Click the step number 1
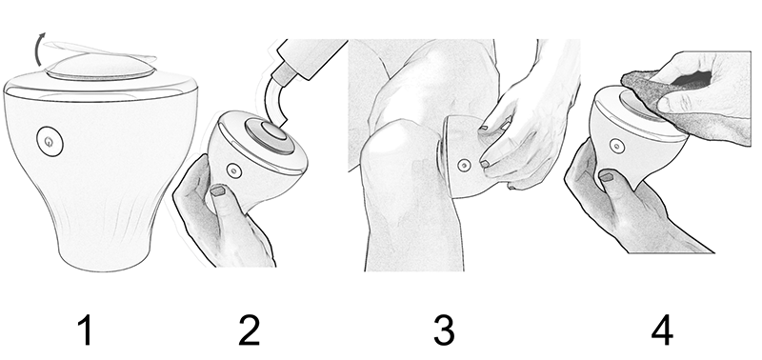click(x=85, y=330)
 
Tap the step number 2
click(x=250, y=330)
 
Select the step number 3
click(x=444, y=330)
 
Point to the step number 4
click(x=662, y=330)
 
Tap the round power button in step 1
click(x=50, y=141)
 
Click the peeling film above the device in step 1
click(x=100, y=51)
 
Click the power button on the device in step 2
click(x=234, y=170)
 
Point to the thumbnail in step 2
click(x=218, y=190)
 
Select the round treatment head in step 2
click(x=270, y=136)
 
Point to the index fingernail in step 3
click(x=485, y=164)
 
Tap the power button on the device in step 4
click(x=616, y=146)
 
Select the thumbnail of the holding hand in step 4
click(x=606, y=176)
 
